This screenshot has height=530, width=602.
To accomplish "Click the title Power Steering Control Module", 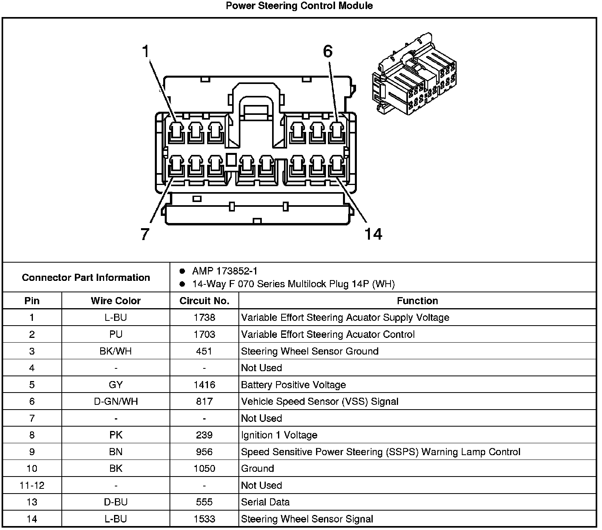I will (299, 6).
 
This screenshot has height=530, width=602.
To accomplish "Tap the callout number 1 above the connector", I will (146, 52).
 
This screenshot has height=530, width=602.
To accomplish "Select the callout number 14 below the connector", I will (373, 234).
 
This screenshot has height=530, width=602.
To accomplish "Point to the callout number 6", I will (328, 52).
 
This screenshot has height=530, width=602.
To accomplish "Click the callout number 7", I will (145, 234).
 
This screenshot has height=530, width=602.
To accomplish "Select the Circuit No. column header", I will (204, 301).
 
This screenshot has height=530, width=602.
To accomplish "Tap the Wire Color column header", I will (116, 301).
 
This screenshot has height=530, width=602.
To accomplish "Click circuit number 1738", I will (204, 318).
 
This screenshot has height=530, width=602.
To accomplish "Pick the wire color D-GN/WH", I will (116, 402).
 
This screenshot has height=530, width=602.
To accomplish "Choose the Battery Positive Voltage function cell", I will (293, 385).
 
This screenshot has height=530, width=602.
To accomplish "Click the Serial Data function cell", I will (265, 502).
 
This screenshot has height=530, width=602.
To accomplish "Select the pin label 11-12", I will (32, 486).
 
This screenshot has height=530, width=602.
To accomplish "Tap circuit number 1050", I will (204, 469).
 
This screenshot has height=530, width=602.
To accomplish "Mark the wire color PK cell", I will (116, 435).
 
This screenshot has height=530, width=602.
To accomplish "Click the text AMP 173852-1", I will (225, 271).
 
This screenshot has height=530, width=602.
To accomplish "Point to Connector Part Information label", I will (86, 277).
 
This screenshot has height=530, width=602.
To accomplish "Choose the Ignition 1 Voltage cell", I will (279, 435).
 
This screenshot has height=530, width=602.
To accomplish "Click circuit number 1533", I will (204, 519).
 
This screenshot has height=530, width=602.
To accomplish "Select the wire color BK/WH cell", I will (116, 351).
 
